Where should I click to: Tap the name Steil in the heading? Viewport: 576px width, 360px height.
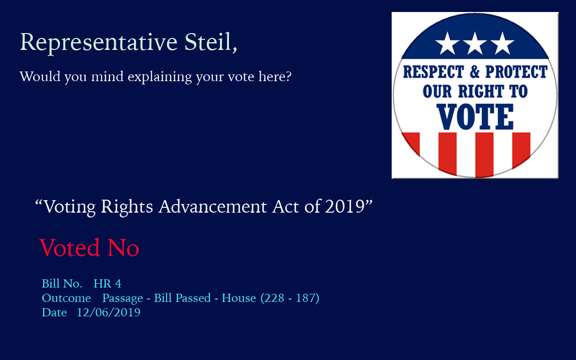[208, 41]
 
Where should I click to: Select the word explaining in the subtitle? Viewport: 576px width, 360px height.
[160, 77]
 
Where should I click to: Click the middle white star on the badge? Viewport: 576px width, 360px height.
[475, 44]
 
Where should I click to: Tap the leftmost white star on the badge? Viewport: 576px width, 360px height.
[447, 44]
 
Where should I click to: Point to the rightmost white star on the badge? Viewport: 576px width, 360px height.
[502, 44]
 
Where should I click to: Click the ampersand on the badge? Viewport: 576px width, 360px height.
[475, 72]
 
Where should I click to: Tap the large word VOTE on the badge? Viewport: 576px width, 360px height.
[475, 117]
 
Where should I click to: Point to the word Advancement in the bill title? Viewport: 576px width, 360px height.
[213, 206]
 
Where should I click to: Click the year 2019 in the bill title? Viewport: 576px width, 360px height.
[345, 206]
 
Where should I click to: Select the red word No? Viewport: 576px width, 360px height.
[123, 248]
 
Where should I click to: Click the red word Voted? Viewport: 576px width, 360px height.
[70, 247]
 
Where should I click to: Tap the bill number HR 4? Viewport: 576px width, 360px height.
[107, 284]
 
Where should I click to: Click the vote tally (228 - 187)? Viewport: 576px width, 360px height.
[290, 298]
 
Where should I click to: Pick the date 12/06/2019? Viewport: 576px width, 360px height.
[108, 312]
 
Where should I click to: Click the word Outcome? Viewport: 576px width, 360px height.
[66, 298]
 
